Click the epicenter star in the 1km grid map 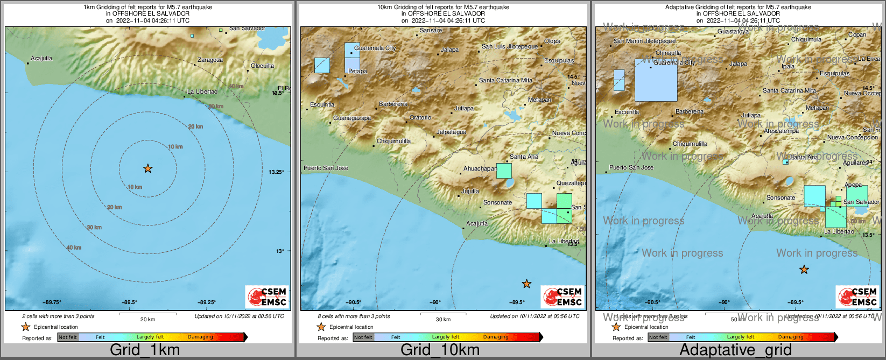click(148, 168)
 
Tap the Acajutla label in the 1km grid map click(41, 58)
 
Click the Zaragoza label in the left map click(210, 60)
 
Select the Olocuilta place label click(262, 66)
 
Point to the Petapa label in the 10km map click(357, 71)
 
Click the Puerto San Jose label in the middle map click(326, 168)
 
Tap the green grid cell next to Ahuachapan click(504, 171)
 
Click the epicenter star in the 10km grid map click(526, 284)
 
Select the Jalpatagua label click(451, 132)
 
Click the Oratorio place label click(420, 117)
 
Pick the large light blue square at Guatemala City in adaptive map click(656, 80)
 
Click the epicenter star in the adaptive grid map click(804, 270)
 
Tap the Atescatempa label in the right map click(781, 131)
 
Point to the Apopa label click(853, 185)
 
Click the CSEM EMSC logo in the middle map click(562, 297)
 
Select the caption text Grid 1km click(145, 350)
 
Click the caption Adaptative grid click(735, 350)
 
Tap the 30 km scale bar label click(443, 319)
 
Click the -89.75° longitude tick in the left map click(53, 302)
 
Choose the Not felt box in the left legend click(68, 337)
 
